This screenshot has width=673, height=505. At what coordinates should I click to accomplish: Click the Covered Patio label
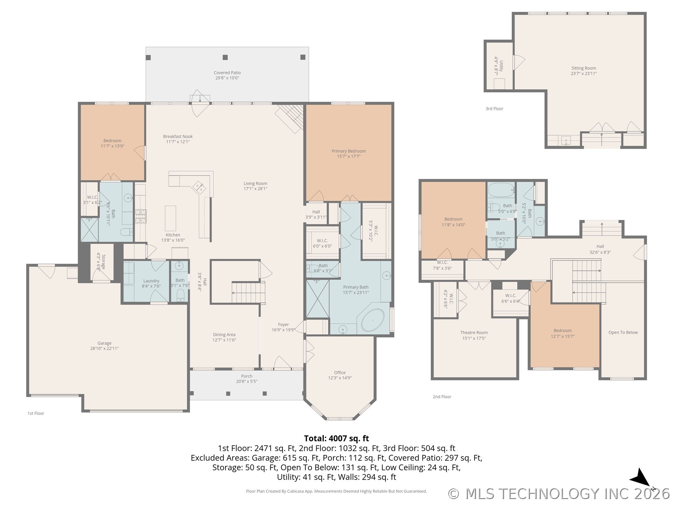click(x=227, y=75)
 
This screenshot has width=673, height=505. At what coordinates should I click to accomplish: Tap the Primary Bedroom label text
click(x=348, y=154)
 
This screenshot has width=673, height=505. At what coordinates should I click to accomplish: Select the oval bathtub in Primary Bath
click(x=373, y=320)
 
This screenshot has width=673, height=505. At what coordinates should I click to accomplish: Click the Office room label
click(x=340, y=375)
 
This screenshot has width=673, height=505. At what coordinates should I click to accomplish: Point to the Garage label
click(x=104, y=345)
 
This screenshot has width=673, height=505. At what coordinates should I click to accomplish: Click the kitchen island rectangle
click(x=170, y=218)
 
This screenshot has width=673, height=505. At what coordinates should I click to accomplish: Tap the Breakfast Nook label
click(x=178, y=139)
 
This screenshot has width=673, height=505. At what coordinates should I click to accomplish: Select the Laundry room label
click(x=151, y=283)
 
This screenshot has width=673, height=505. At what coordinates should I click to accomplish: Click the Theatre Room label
click(x=474, y=335)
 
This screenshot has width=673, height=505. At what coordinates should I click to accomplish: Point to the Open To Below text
click(x=623, y=332)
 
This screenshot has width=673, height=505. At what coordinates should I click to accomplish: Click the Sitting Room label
click(x=584, y=70)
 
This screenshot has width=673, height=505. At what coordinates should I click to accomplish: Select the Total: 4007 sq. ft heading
click(x=336, y=438)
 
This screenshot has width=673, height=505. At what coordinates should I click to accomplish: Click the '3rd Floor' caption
click(x=494, y=109)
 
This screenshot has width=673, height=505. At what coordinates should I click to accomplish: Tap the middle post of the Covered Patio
click(x=225, y=57)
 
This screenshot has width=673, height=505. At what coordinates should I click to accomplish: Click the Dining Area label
click(x=224, y=337)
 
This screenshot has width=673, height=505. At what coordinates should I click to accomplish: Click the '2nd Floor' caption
click(x=442, y=397)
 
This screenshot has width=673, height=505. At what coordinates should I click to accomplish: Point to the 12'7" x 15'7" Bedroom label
click(x=562, y=333)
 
